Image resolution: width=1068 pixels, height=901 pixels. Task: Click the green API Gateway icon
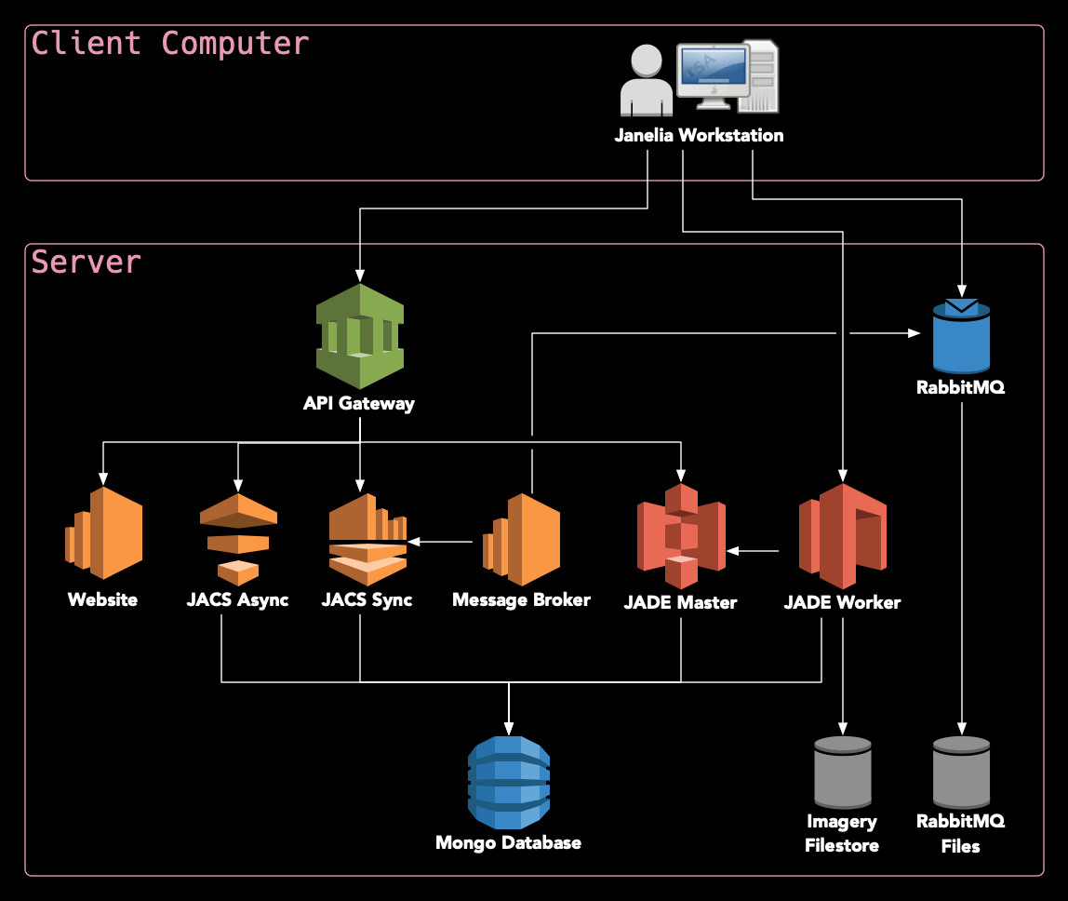point(359,336)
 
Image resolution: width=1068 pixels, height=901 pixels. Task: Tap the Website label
point(102,599)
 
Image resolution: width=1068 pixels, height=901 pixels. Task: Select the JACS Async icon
point(238,539)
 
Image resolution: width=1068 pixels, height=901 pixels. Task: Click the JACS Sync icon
point(367,539)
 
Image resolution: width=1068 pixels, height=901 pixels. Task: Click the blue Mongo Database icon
point(508,782)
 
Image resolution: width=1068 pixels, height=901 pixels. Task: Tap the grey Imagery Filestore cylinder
point(843,772)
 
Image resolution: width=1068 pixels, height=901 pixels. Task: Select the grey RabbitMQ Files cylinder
point(961,772)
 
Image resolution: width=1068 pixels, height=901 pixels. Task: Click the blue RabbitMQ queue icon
point(961,337)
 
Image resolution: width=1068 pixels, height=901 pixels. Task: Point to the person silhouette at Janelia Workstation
point(647,82)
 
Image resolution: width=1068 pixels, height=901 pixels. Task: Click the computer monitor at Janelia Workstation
point(713,71)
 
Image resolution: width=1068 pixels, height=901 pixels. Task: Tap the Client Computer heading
point(169,44)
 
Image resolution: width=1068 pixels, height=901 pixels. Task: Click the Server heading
point(87,262)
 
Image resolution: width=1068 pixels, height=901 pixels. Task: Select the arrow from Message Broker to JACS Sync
point(441,541)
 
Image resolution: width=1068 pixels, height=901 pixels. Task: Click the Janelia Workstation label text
point(699,135)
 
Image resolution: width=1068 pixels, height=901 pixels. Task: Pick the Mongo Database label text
point(508,842)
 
